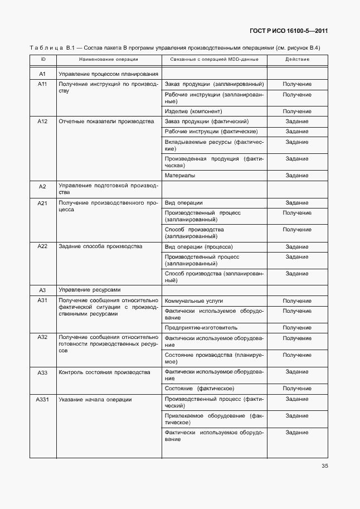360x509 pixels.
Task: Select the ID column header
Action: coord(43,59)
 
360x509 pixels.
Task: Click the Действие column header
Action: coord(297,59)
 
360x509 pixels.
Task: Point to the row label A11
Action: coord(43,84)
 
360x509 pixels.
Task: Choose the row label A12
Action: coord(43,121)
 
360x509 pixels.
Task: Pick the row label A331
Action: coord(43,399)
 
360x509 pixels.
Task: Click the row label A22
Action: coord(43,246)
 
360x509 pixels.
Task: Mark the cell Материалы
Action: coord(180,176)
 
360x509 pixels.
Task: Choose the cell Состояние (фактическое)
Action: coord(200,388)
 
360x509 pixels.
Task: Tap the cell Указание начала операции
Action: coord(95,399)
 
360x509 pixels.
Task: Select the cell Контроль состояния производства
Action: coord(104,372)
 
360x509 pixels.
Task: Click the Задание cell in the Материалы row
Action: coord(297,176)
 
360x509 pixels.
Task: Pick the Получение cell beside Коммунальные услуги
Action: coord(297,301)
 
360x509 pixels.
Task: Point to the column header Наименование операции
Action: coord(109,59)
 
